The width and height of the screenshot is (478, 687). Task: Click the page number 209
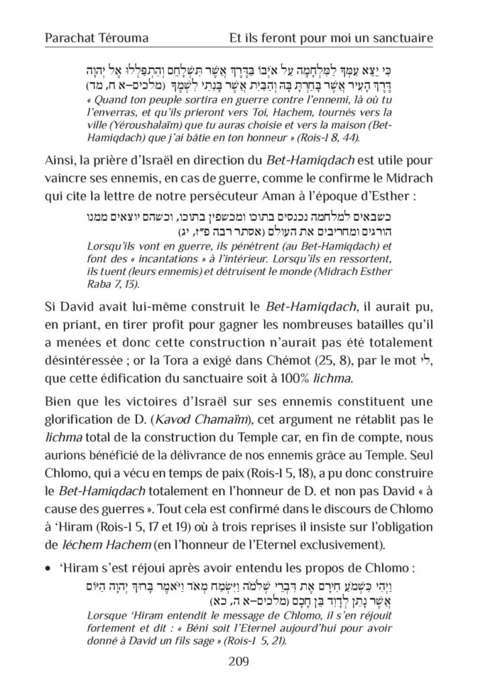click(238, 661)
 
